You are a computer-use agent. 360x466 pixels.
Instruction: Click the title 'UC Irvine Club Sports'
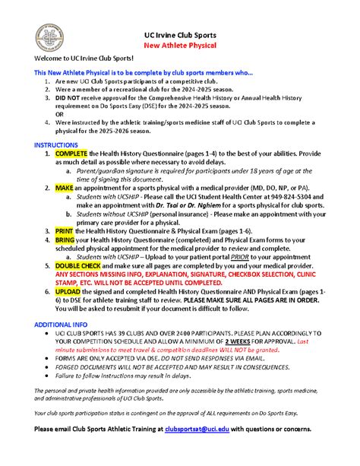point(180,35)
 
